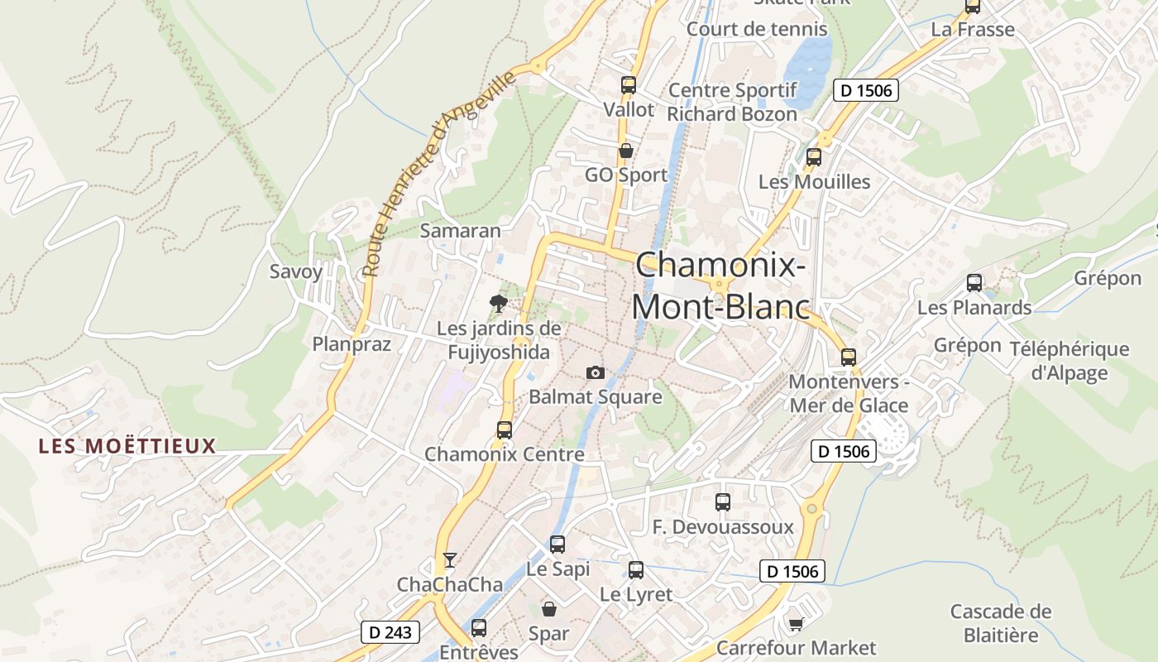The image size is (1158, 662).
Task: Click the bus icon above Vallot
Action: point(628,84)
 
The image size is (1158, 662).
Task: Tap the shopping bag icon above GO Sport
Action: point(626,151)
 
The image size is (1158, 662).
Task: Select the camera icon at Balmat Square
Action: point(595,373)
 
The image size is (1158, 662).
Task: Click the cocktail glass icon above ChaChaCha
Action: point(449,560)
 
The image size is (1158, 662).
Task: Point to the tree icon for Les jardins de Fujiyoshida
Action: point(498,303)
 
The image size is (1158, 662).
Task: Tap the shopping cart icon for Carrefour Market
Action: point(796,624)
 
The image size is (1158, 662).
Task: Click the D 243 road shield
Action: point(390,633)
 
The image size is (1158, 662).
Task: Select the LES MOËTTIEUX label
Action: point(127,447)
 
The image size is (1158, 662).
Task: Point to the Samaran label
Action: point(461,231)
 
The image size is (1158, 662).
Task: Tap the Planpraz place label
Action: point(352,344)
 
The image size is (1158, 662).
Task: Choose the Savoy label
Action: point(296,271)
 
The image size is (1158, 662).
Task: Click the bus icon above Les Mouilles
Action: point(814,156)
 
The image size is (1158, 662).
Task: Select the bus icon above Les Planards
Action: point(974,283)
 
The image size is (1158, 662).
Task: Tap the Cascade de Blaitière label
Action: point(1001,623)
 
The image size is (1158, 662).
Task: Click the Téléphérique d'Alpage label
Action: point(1069,360)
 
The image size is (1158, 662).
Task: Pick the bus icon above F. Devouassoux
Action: point(723,501)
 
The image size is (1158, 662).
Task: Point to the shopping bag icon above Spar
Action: point(548,609)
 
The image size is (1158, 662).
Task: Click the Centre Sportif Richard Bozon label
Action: point(732,102)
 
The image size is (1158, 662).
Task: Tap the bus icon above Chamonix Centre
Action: point(505,430)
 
